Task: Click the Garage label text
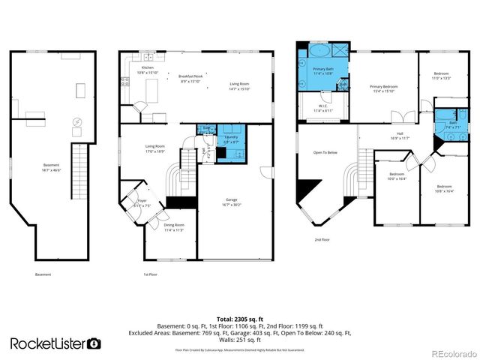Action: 231,202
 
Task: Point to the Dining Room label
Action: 174,227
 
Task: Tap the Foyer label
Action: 142,202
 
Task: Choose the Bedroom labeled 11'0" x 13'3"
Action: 441,75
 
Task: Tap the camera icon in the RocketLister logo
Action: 94,343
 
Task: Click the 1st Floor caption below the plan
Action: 151,274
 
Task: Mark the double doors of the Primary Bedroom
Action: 406,116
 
